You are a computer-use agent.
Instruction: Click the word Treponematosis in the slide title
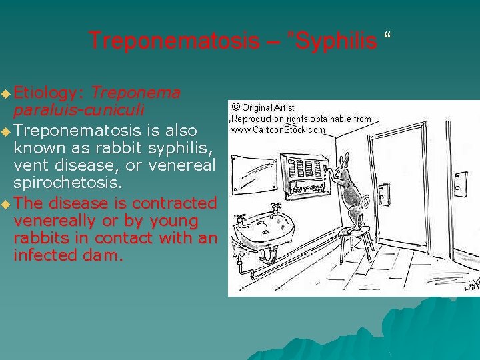(173, 41)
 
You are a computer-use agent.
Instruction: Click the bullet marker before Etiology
(6, 91)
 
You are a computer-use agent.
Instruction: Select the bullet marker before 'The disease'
(6, 203)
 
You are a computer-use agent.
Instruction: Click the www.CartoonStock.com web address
(278, 130)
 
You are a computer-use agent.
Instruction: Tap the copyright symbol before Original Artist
(235, 107)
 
